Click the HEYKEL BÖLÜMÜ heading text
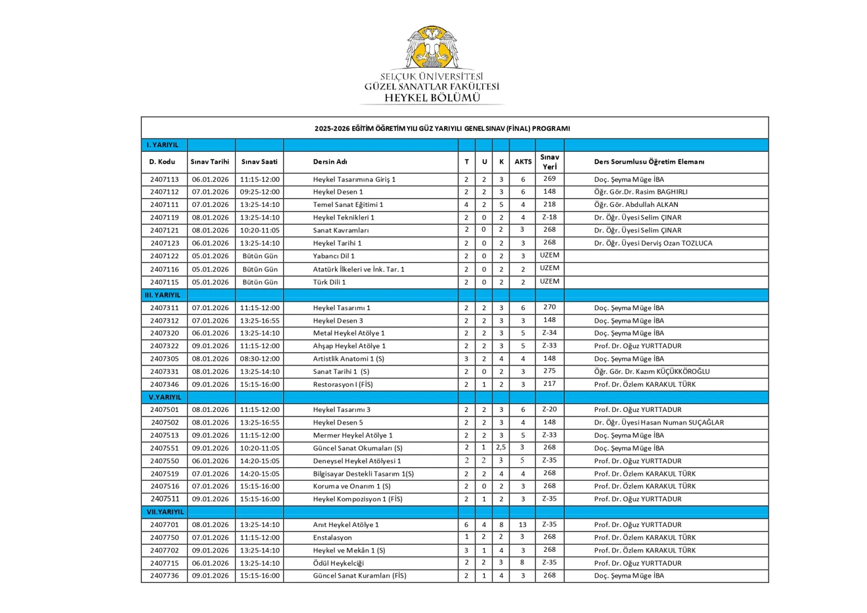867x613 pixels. coord(432,98)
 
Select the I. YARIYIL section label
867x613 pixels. coord(162,145)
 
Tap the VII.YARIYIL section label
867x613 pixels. coord(165,512)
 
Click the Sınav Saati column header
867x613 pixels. coord(259,162)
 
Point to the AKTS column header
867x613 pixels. coord(523,162)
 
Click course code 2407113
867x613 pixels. coord(164,179)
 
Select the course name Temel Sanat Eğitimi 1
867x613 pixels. coord(348,204)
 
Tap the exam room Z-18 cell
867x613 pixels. coord(549,217)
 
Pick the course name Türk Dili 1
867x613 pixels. coord(329,282)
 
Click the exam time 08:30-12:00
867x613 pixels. coord(259,359)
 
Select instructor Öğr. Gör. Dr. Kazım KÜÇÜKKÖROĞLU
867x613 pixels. coord(652,371)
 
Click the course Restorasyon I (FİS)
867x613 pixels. coord(343,384)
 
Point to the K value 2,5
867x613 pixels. coord(500,447)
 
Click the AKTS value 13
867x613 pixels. coord(522,524)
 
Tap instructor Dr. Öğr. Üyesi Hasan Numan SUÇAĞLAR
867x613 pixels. coord(659,422)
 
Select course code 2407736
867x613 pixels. coord(164,576)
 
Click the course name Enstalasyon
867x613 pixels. coord(332,537)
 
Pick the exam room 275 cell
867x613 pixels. coord(549,371)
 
